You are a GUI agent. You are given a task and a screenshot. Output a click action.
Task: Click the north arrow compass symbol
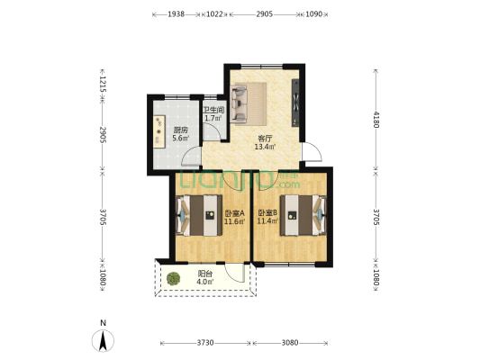103,340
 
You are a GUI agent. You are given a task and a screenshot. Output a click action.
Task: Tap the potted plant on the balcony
173,279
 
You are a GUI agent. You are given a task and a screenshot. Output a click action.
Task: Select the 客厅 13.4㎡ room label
265,142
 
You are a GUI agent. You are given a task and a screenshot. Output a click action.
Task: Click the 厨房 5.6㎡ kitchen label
180,134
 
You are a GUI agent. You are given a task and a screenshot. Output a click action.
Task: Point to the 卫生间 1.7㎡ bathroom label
213,113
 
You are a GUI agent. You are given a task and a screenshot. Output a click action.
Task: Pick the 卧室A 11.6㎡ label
234,217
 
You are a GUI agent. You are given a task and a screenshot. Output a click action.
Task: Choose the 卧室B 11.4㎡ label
267,217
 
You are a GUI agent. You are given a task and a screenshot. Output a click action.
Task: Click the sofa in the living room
248,103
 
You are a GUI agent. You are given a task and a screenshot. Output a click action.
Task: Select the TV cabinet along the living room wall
295,103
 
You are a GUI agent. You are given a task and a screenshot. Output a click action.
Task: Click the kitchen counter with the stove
159,131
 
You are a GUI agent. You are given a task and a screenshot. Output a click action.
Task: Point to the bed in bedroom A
199,215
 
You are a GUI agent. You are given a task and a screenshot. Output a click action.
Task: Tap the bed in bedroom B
303,215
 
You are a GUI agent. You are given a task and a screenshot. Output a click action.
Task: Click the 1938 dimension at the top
176,14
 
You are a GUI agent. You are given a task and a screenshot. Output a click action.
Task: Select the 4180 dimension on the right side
376,120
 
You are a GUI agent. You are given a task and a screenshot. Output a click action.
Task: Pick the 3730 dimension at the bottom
205,343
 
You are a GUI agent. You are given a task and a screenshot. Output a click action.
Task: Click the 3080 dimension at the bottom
290,343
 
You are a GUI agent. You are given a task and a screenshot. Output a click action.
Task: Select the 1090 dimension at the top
313,14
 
